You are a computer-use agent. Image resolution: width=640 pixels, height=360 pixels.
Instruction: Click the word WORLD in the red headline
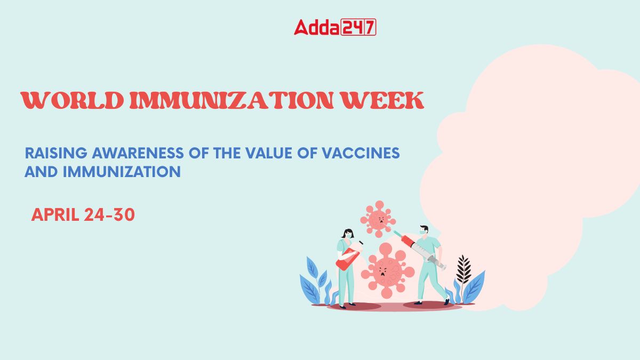coord(73,100)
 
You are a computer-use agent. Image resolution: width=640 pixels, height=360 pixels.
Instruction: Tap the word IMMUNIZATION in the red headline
coord(231,100)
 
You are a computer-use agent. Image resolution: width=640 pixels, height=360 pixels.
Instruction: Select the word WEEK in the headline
coord(383,100)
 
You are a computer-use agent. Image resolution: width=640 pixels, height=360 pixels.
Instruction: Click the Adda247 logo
coord(335,27)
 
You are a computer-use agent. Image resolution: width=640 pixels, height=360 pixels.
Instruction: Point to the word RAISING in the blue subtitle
coord(56,153)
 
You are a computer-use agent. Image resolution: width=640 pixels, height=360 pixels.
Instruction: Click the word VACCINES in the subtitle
coord(361,153)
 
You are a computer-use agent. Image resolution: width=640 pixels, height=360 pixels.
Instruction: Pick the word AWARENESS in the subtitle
coord(138,153)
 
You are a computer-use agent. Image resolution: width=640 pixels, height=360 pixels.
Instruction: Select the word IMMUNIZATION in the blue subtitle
coord(122,172)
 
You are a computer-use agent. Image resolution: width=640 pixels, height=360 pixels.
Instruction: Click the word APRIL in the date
coord(55,214)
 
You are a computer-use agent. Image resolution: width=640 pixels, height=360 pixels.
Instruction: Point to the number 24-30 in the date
coord(109,214)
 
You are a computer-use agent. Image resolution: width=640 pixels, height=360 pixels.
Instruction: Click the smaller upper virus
coord(378,219)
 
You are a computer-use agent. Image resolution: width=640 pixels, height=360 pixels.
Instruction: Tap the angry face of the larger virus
coord(383,271)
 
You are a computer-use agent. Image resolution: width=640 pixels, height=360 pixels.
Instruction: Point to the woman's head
coord(348,234)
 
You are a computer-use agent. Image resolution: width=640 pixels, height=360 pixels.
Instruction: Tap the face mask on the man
coord(423,233)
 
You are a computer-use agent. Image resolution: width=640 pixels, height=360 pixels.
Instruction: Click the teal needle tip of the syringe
coord(397,234)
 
